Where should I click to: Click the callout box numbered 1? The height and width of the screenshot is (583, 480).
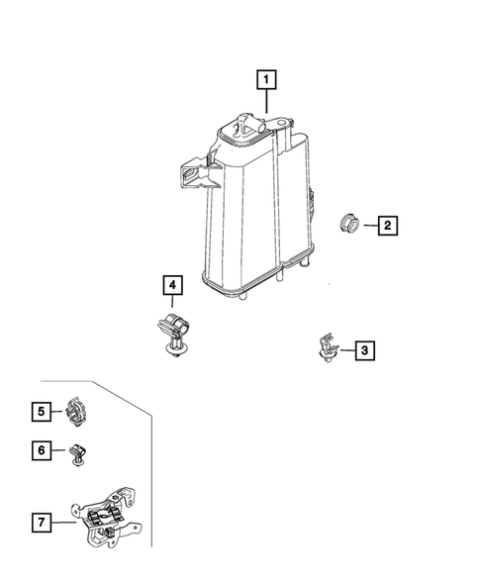(x=266, y=79)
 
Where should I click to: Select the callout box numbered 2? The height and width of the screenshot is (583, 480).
(x=388, y=225)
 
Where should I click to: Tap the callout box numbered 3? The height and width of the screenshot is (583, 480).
(x=365, y=350)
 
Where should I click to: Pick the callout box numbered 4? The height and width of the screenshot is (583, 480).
(x=172, y=285)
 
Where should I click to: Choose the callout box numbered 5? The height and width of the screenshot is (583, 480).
(x=42, y=411)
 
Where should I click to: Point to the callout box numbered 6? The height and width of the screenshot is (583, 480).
(x=42, y=450)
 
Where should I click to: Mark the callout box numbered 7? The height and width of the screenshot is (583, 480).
(x=42, y=522)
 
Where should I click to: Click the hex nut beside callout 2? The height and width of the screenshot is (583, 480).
(x=349, y=223)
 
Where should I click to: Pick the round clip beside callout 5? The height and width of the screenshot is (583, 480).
(x=76, y=412)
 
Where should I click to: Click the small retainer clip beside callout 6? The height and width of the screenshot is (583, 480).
(x=77, y=454)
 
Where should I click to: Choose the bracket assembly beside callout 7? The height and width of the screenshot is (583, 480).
(x=107, y=518)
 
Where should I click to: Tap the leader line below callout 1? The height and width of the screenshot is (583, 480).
(x=266, y=101)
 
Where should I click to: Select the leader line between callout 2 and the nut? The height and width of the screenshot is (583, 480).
(x=371, y=226)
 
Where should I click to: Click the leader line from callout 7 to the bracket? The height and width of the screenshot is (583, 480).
(x=64, y=523)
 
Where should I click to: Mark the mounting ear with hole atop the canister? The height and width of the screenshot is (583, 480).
(x=281, y=122)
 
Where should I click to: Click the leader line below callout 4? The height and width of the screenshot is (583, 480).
(x=172, y=301)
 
